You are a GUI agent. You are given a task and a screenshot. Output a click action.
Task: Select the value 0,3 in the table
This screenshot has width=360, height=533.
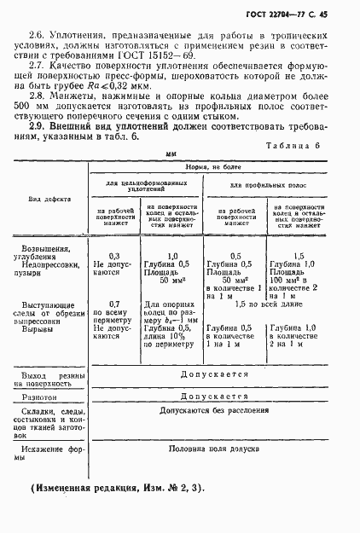(115, 255)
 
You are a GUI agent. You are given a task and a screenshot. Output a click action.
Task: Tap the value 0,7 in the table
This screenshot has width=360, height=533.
(115, 304)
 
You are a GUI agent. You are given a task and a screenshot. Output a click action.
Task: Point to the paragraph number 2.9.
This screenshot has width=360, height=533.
(38, 126)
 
